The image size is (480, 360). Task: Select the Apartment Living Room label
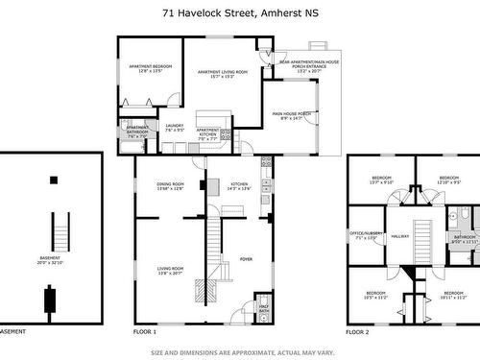(222, 72)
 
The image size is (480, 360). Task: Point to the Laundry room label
(174, 126)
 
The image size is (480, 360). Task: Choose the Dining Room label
(169, 184)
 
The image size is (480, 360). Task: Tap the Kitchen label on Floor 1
(239, 184)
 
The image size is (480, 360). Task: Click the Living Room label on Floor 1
(169, 246)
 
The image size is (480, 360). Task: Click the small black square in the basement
(54, 179)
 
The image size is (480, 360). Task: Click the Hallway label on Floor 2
(399, 234)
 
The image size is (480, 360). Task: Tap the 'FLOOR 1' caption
(144, 331)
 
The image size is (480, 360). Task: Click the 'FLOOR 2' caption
(357, 331)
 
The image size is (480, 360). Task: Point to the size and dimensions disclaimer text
(239, 351)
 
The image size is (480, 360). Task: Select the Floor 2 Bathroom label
(465, 239)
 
